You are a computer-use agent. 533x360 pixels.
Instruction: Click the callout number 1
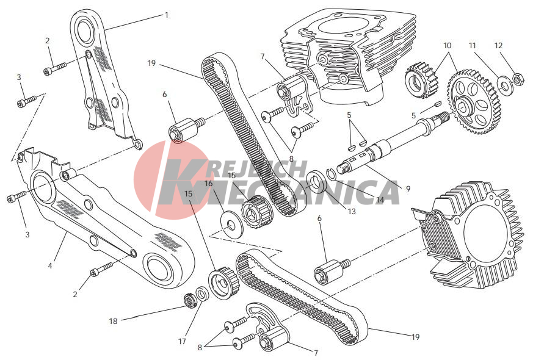166,15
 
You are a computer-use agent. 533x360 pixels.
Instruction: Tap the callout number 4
50,265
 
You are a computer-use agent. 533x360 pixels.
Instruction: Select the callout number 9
408,189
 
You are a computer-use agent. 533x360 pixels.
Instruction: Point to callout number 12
498,45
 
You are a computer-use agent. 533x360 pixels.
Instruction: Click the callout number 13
352,211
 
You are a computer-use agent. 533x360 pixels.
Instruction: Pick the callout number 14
380,200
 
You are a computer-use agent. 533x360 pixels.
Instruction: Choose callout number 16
208,184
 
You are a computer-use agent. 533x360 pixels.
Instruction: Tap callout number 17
182,341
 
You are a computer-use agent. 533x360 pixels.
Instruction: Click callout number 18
113,321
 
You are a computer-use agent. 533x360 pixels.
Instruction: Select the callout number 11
473,45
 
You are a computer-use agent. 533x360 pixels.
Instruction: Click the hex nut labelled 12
517,79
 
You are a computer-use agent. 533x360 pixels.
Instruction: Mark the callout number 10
448,45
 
